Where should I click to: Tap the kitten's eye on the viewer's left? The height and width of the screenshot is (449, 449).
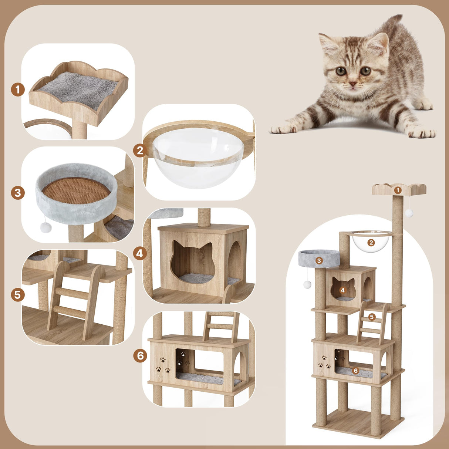tap(341, 71)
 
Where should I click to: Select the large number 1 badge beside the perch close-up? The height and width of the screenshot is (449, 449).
tap(18, 90)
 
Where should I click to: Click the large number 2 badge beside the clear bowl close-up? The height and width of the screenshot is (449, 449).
tap(140, 151)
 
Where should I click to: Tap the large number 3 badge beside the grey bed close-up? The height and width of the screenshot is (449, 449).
tap(18, 193)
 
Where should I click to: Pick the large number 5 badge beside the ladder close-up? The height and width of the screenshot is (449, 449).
tap(18, 295)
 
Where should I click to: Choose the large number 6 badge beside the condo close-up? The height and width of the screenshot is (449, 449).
tap(140, 356)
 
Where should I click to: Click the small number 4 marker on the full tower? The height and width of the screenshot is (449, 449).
tap(342, 290)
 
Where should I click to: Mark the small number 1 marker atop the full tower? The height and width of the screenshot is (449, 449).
tap(398, 190)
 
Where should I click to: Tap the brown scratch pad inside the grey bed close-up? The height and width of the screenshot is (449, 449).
tap(76, 190)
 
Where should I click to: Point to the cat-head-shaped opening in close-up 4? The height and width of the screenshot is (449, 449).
tap(193, 259)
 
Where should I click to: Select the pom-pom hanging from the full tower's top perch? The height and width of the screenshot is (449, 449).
tap(409, 213)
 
